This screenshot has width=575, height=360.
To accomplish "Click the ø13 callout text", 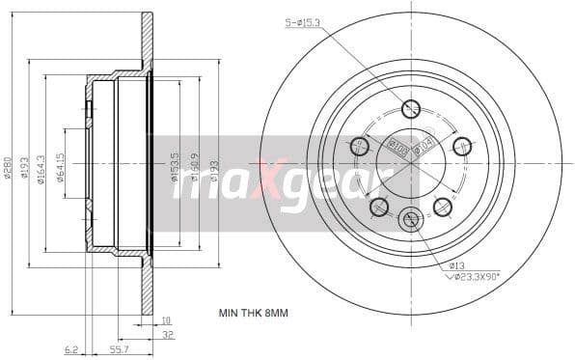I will (x=457, y=264).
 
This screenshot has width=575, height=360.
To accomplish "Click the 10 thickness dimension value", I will (x=166, y=320).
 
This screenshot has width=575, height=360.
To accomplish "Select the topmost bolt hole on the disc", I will (x=411, y=109).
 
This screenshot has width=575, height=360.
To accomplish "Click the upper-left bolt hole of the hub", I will (x=361, y=146).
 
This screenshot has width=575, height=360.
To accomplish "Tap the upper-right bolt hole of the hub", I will (x=461, y=146).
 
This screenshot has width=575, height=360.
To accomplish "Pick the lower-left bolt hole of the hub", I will (x=379, y=206).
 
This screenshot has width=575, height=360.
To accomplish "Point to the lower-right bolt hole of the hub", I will (x=443, y=206).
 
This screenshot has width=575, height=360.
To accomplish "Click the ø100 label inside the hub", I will (x=395, y=147).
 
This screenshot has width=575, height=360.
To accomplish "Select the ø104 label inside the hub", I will (x=424, y=147).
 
